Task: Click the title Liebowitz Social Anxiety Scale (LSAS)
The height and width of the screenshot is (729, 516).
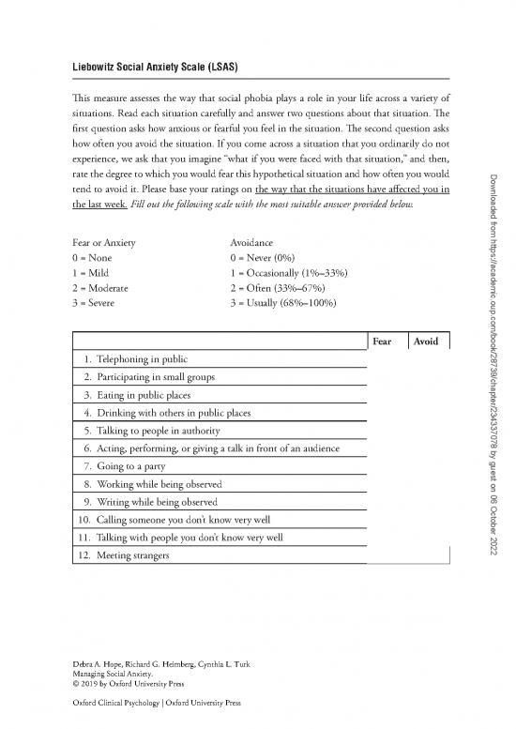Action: pos(147,68)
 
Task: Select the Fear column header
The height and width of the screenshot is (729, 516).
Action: pos(382,342)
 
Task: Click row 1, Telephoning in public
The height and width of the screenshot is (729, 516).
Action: pos(135,359)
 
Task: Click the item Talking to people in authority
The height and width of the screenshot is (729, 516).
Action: pos(151,431)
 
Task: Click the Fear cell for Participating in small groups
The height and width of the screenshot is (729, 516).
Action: pos(382,377)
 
